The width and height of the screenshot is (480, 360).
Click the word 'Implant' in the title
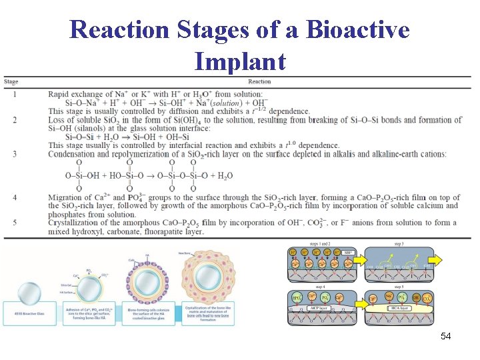239,61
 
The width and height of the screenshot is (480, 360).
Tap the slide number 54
445,337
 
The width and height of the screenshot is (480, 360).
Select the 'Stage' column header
11,82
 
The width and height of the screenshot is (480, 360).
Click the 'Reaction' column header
259,82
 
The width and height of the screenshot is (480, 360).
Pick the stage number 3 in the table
15,154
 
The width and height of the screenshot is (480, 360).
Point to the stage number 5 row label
15,223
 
